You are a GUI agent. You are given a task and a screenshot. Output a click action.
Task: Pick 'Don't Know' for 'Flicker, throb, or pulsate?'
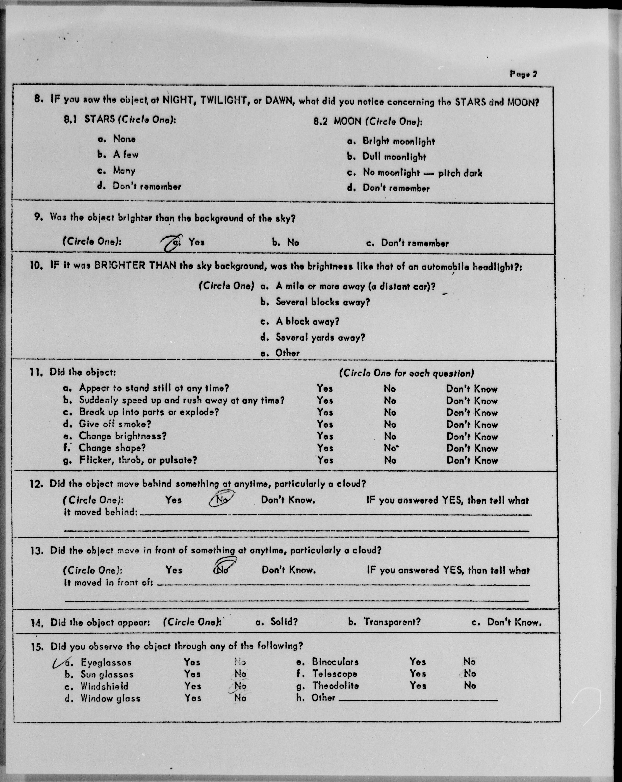[x=472, y=461]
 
